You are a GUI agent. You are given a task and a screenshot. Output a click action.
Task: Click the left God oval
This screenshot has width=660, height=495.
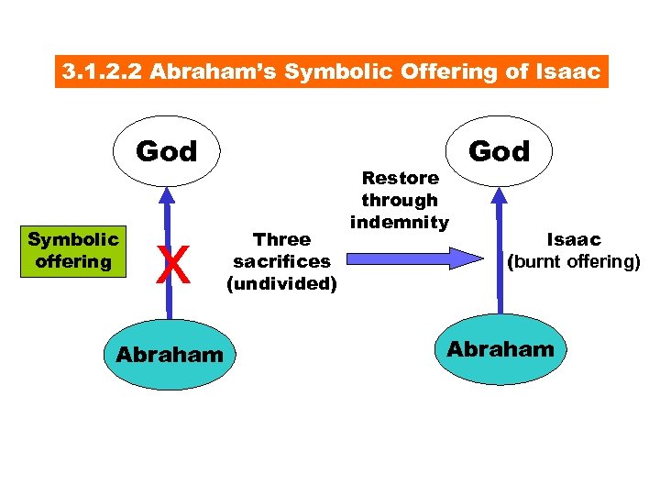click(x=166, y=151)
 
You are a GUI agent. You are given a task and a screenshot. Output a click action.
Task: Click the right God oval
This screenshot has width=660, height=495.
click(x=499, y=149)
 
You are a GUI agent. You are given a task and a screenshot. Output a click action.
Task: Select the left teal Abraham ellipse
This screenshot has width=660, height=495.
click(x=169, y=354)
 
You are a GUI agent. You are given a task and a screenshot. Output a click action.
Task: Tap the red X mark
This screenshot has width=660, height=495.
click(x=167, y=269)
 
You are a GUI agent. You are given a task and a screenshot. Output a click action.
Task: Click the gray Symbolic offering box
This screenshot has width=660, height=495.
click(x=72, y=250)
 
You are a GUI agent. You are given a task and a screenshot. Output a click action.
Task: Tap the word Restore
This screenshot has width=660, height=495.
click(x=401, y=177)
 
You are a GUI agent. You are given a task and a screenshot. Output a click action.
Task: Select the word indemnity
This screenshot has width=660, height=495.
click(x=399, y=221)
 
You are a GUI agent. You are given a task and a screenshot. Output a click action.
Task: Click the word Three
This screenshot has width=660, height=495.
click(x=281, y=239)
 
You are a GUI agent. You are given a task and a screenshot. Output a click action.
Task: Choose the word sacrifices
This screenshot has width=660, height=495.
click(x=281, y=261)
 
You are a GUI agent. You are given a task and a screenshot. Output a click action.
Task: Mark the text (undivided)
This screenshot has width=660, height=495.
click(x=281, y=283)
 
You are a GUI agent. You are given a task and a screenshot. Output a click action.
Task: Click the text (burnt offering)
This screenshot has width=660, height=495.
click(x=574, y=261)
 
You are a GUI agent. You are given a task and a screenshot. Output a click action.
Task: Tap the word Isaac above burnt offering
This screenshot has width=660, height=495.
click(x=574, y=239)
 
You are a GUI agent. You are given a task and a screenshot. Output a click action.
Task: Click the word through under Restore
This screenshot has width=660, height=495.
click(x=400, y=199)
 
